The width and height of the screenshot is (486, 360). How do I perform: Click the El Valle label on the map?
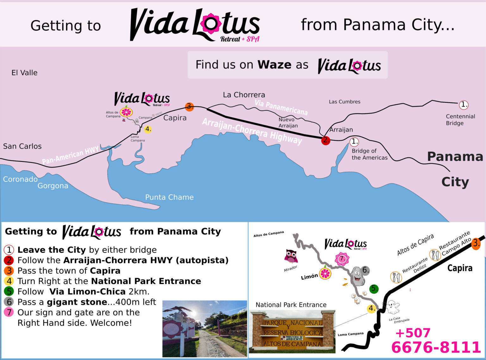[x=24, y=73]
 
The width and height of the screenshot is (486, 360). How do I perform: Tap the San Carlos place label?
[x=22, y=146]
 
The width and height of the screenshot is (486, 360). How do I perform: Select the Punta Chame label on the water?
[x=169, y=197]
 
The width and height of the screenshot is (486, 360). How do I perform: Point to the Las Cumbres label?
[x=345, y=102]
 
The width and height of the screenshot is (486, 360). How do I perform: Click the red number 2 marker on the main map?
[x=326, y=140]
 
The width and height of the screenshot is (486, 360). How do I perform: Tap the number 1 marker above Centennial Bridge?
[x=464, y=105]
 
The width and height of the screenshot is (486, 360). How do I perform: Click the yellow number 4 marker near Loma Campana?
[x=148, y=129]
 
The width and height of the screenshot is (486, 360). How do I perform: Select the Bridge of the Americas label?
[x=369, y=154]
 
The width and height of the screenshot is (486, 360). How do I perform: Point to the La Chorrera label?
[x=244, y=95]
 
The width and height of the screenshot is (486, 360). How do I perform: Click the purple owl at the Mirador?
[x=291, y=256]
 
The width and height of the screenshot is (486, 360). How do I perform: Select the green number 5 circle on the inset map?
[x=374, y=289]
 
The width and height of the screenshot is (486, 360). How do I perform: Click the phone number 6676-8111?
[x=436, y=347]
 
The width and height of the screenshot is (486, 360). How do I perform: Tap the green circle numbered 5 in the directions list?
[x=9, y=291]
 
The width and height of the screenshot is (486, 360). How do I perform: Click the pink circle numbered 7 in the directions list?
[x=9, y=312]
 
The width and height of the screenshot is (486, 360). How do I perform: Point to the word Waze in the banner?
[x=274, y=65]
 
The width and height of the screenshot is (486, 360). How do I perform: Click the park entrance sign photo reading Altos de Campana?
[x=292, y=331]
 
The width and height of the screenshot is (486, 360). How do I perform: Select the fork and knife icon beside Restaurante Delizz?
[x=396, y=277]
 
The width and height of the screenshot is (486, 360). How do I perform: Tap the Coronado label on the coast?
[x=20, y=179]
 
